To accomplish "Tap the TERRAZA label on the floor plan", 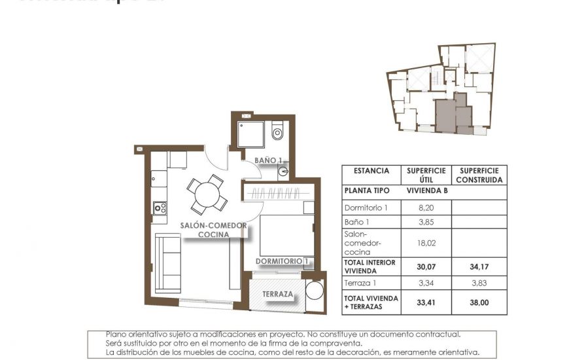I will [x=278, y=294].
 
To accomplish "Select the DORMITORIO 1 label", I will [x=282, y=261].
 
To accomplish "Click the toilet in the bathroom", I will [x=277, y=132].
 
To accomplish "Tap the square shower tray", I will [x=250, y=134].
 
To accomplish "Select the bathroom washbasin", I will [x=283, y=171].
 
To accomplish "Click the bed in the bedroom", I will [x=284, y=234].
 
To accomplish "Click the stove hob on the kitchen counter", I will [x=159, y=208].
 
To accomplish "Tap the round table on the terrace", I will [x=315, y=291].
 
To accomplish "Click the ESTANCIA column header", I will [x=371, y=171].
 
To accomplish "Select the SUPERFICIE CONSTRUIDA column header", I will [x=479, y=175].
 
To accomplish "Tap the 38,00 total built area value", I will [x=479, y=302].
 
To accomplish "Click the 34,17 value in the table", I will [x=479, y=266].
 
